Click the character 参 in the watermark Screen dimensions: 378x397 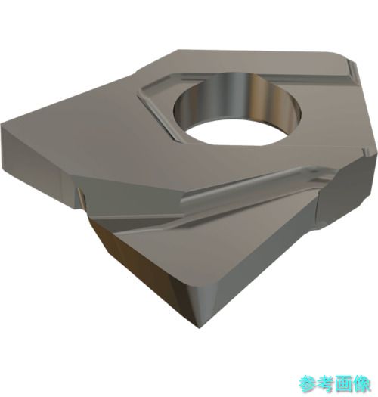pos(308,384)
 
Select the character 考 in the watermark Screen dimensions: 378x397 pos(326,384)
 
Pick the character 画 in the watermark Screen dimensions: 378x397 pos(344,384)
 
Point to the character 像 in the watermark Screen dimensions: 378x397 pos(362,384)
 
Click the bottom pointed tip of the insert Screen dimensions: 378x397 pos(200,328)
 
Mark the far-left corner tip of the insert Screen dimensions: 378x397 pos(2,124)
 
